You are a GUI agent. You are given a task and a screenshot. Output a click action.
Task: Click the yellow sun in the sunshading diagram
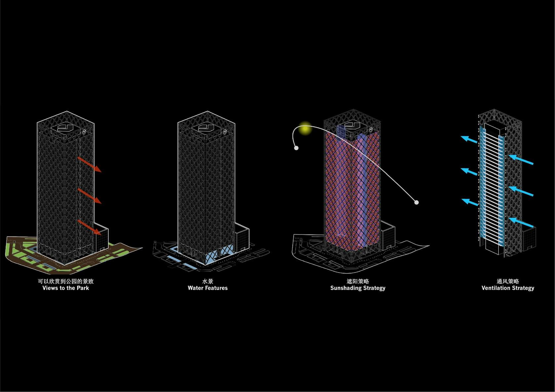305,128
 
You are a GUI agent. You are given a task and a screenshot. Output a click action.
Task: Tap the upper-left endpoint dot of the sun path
296,148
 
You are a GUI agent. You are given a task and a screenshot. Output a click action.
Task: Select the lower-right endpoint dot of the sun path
417,202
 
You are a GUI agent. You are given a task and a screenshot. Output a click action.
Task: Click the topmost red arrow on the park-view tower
90,164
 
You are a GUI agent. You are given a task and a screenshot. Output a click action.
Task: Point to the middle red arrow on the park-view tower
90,196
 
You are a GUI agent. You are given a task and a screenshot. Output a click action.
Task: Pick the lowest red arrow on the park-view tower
90,227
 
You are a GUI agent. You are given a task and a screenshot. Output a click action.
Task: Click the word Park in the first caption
83,288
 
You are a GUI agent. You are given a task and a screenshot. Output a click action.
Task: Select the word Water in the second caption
195,288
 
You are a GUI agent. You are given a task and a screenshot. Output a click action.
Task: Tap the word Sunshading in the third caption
346,288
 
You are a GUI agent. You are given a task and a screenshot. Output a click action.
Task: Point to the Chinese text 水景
207,281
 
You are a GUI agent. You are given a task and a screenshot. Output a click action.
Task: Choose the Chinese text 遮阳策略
358,281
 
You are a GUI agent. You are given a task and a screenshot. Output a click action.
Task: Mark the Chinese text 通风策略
508,281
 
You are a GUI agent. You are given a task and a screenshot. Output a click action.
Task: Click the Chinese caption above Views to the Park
66,281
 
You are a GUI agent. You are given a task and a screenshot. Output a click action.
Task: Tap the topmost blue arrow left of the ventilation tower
469,139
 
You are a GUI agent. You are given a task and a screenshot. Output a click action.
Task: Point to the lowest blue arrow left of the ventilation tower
470,202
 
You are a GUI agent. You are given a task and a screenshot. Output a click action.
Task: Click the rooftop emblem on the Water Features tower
205,128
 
